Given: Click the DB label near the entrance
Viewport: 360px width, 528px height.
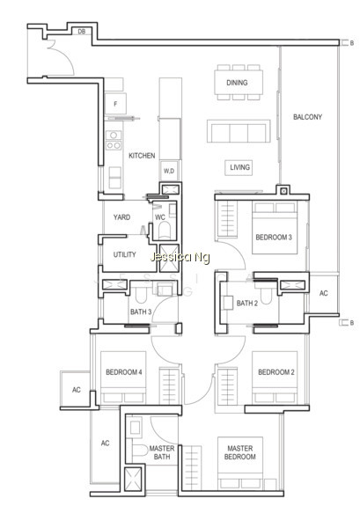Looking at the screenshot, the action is [x=82, y=32].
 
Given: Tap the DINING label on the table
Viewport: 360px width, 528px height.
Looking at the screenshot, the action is [x=237, y=83].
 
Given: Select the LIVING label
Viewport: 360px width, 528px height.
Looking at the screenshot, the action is [x=239, y=167].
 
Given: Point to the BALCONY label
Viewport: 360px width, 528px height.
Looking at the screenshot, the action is [x=307, y=117].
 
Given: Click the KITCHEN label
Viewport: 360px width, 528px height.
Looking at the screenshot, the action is [x=142, y=156].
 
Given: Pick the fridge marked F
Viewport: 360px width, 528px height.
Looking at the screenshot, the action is [x=115, y=104].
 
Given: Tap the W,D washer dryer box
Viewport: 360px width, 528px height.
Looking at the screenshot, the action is [x=169, y=171].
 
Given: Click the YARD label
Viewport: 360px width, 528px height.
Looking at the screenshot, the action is [x=121, y=217].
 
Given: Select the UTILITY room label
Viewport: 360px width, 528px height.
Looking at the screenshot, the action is [x=125, y=254].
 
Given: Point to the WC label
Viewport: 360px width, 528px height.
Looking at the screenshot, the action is [x=160, y=217].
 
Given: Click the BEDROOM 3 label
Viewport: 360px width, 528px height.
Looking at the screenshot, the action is [x=274, y=237].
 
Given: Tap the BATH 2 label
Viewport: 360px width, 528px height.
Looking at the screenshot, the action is [x=247, y=303].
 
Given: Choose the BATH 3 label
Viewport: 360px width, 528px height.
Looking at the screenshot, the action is [x=141, y=312].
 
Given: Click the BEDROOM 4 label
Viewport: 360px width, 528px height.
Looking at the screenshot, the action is [x=123, y=372].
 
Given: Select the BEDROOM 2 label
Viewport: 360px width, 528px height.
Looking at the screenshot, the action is [x=276, y=372].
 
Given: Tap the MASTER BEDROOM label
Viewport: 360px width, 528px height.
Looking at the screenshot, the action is [x=239, y=452].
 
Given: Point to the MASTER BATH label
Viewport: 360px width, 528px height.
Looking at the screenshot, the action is [x=162, y=452].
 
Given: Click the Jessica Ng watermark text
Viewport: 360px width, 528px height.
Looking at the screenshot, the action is [x=180, y=258].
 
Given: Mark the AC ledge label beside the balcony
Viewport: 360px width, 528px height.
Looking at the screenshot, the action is [x=323, y=293].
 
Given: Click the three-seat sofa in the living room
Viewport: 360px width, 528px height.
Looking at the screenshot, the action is [x=239, y=131].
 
